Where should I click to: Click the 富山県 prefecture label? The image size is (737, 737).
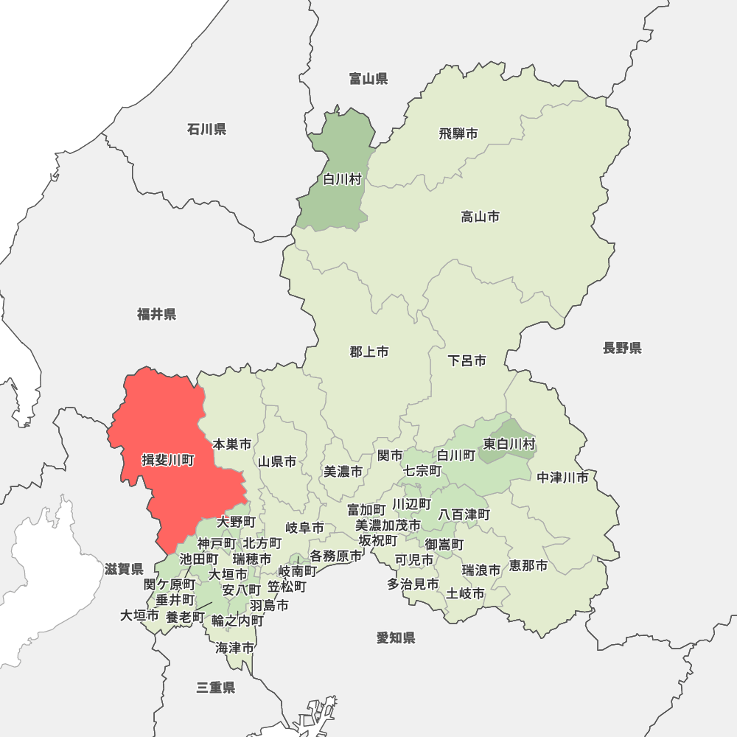point(368,79)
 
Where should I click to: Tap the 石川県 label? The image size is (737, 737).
point(206,130)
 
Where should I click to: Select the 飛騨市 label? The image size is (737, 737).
point(458,133)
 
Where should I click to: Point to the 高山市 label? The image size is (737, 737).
point(480,217)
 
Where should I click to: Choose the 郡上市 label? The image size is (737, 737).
point(368,352)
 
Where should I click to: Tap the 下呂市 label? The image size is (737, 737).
point(467,361)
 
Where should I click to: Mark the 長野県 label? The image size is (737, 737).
point(622,348)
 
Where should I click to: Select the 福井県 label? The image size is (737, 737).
point(156,315)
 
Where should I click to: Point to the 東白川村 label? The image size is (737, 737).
point(509,444)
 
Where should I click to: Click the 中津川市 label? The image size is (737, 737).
point(562,478)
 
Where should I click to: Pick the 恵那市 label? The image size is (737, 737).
point(528,566)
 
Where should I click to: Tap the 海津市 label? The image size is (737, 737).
point(235,649)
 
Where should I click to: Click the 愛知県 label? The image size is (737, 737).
point(396,638)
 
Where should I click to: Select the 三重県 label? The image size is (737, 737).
point(216,688)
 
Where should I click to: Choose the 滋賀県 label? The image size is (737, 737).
point(124,569)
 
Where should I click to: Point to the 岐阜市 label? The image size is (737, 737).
point(304,528)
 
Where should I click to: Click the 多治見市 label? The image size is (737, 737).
point(413,584)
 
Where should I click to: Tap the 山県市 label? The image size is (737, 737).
point(277,461)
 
